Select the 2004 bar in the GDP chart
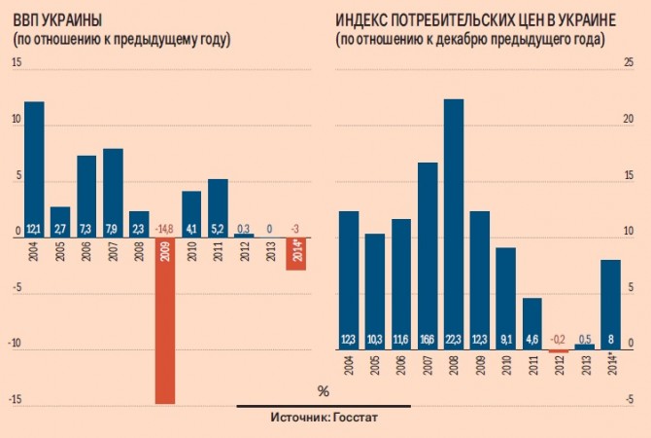click(x=34, y=165)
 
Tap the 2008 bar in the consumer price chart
click(x=453, y=224)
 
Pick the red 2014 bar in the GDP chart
click(x=296, y=253)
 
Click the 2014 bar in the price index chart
click(x=610, y=302)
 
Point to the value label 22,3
click(x=453, y=340)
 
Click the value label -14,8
click(x=165, y=229)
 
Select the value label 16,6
click(x=427, y=340)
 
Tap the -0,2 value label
click(x=558, y=340)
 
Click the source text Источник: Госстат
click(x=324, y=419)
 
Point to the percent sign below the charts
click(x=324, y=391)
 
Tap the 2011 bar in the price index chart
click(x=531, y=322)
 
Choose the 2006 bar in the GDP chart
click(x=86, y=195)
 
